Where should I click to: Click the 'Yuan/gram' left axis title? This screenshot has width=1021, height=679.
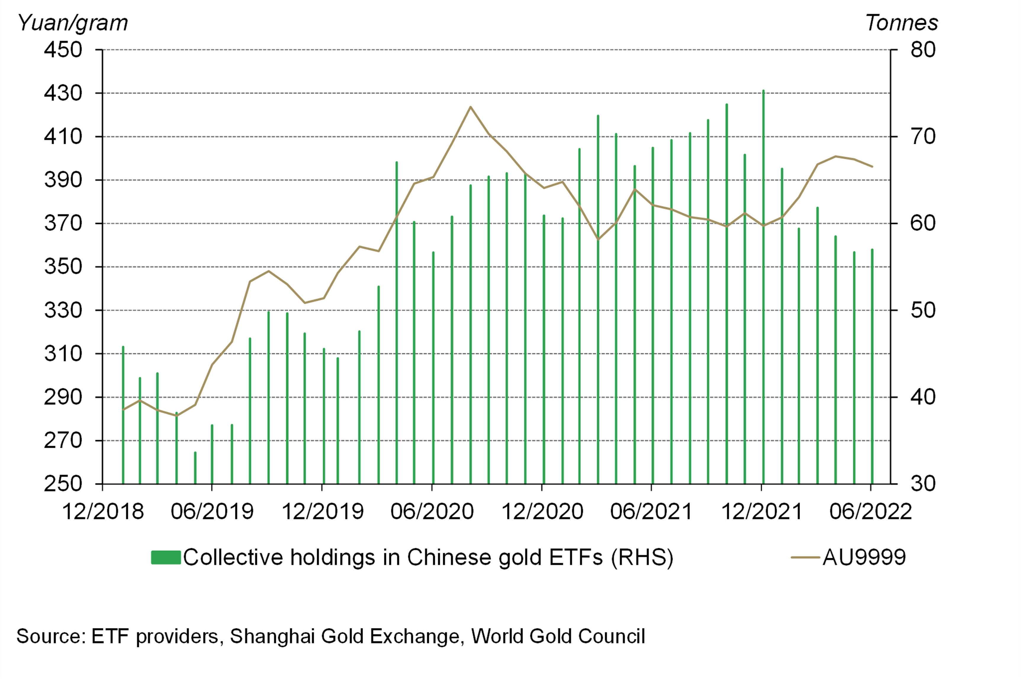tap(73, 23)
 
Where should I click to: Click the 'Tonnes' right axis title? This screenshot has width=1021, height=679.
tap(901, 23)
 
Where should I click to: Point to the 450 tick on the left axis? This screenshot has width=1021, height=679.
tap(63, 50)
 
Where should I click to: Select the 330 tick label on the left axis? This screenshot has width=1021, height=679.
tap(63, 310)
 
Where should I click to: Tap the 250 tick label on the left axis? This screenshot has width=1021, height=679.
tap(63, 484)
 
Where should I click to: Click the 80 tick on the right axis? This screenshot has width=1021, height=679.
tap(923, 50)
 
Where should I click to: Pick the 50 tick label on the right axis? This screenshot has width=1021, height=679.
tap(923, 310)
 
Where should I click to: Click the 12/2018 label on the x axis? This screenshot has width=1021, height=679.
tap(103, 511)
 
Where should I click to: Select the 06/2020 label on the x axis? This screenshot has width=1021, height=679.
tap(432, 511)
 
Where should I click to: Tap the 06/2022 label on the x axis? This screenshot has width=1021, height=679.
tap(870, 511)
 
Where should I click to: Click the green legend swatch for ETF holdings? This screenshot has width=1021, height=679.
tap(166, 557)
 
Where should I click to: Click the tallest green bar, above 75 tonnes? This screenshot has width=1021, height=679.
tap(763, 286)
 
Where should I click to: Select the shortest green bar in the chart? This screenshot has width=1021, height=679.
tap(195, 468)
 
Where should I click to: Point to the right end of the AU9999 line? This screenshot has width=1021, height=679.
tap(872, 166)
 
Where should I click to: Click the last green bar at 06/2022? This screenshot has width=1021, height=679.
tap(872, 368)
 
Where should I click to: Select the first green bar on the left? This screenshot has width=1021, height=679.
tap(123, 416)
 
